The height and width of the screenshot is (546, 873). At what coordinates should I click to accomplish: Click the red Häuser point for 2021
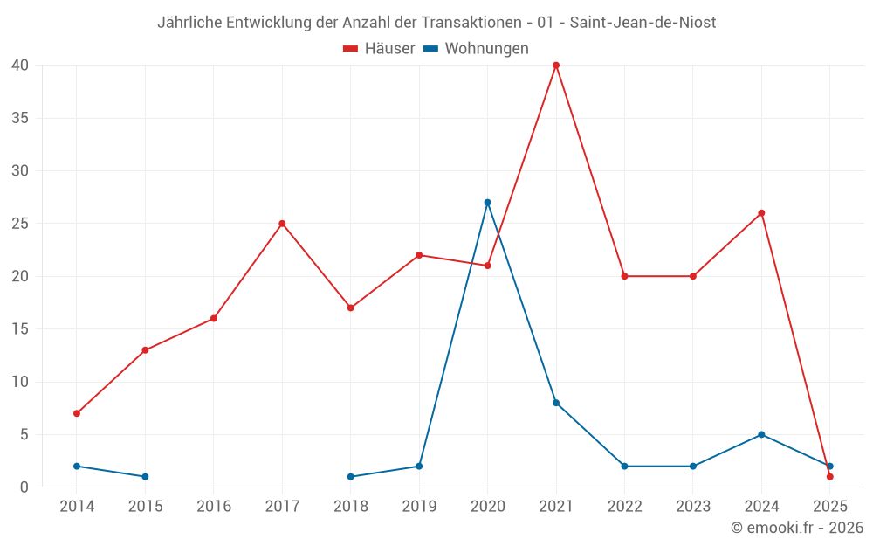(556, 66)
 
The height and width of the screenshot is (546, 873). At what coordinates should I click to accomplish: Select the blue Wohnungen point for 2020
(487, 203)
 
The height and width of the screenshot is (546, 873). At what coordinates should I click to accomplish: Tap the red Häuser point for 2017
(282, 224)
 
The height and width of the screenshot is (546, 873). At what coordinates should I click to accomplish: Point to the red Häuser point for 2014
(77, 413)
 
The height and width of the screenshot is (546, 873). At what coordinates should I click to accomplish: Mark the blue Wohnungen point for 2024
(761, 434)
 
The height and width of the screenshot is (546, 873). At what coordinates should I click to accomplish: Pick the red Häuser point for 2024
(761, 213)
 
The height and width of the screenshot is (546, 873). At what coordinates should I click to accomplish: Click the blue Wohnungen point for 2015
(145, 477)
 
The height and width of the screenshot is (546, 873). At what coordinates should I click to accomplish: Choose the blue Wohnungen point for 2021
(556, 403)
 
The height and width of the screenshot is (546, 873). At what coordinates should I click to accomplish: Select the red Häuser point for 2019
(419, 255)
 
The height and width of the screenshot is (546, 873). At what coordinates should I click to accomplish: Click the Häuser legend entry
(379, 49)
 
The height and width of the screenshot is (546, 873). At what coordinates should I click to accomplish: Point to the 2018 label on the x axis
(351, 507)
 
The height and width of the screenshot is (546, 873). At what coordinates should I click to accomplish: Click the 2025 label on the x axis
(830, 507)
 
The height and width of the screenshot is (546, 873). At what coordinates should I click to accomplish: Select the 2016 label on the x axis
(214, 507)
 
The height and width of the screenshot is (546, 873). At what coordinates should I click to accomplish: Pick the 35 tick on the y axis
(21, 118)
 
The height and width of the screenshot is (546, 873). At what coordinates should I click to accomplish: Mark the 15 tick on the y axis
(21, 329)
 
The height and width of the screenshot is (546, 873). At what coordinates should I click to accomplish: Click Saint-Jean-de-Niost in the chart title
(643, 23)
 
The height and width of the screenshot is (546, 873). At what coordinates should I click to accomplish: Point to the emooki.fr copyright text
(797, 528)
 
